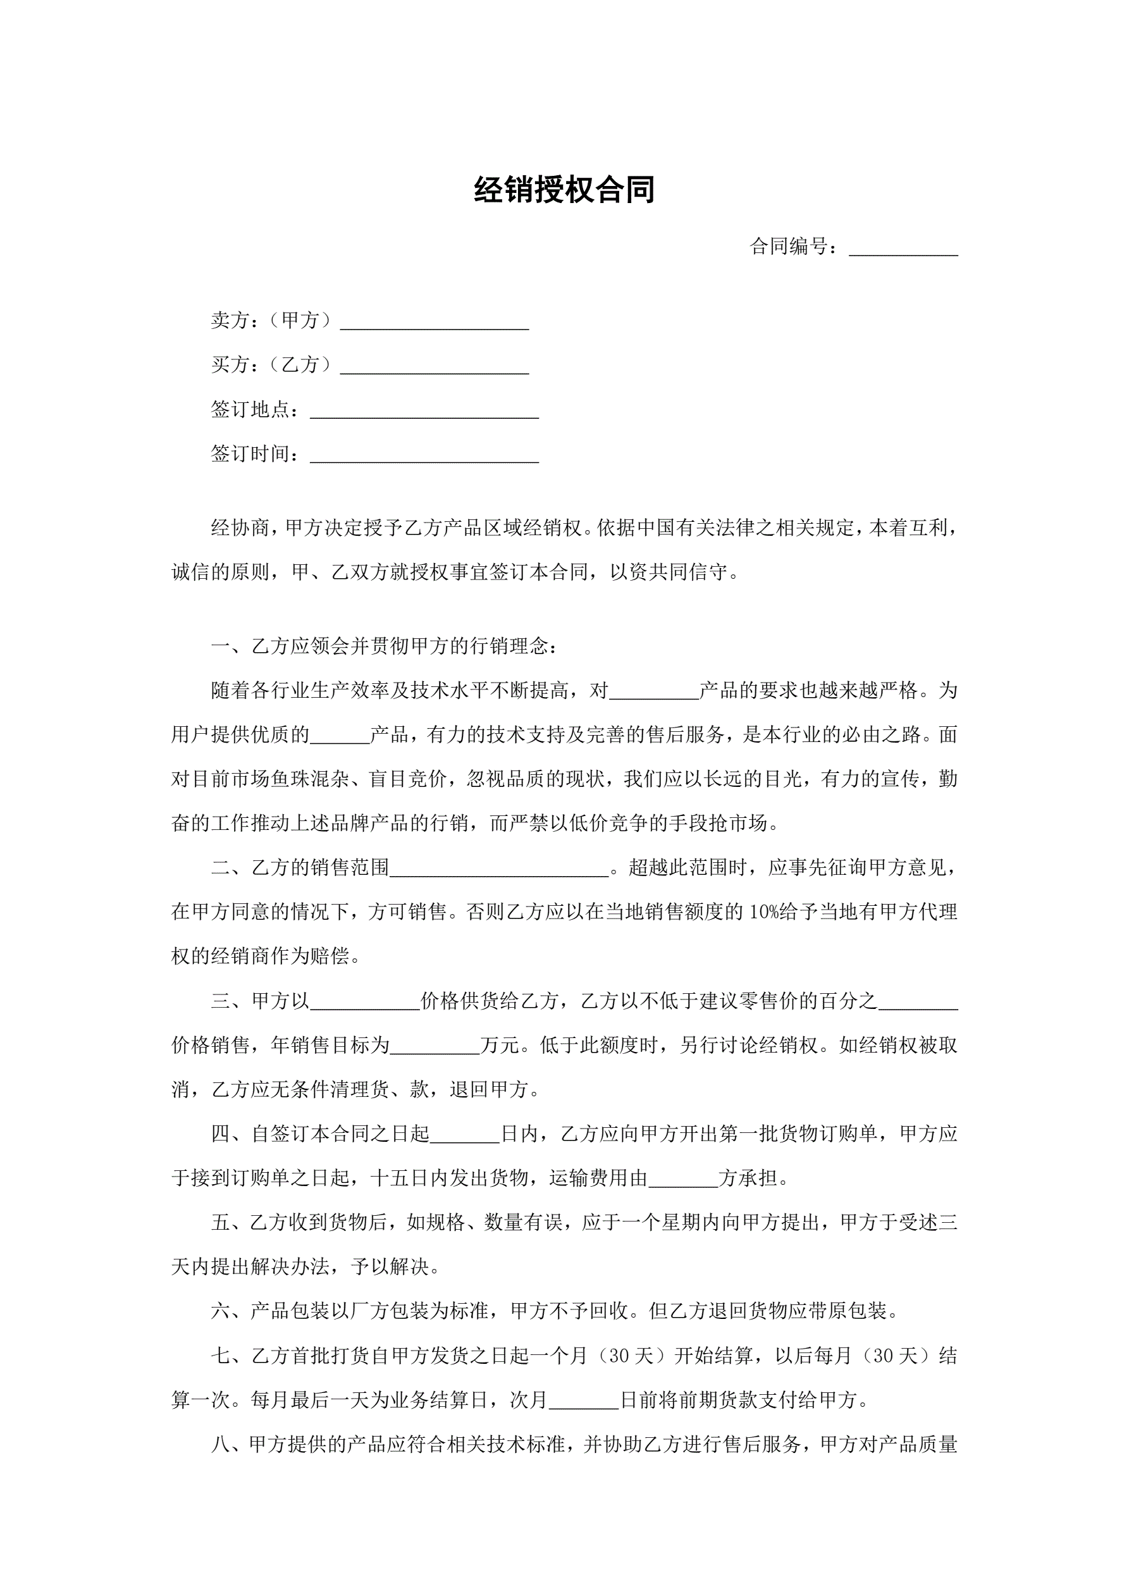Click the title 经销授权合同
pos(564,190)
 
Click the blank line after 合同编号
pos(903,249)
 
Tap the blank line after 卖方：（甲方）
pos(435,323)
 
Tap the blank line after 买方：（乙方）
pos(435,367)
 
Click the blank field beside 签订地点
pos(424,412)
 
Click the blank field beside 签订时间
pos(424,456)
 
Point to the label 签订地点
pos(251,409)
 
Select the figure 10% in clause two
pos(766,912)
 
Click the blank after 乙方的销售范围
pos(499,870)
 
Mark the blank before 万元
pos(435,1047)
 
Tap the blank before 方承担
pos(682,1180)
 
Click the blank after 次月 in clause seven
pos(583,1401)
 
